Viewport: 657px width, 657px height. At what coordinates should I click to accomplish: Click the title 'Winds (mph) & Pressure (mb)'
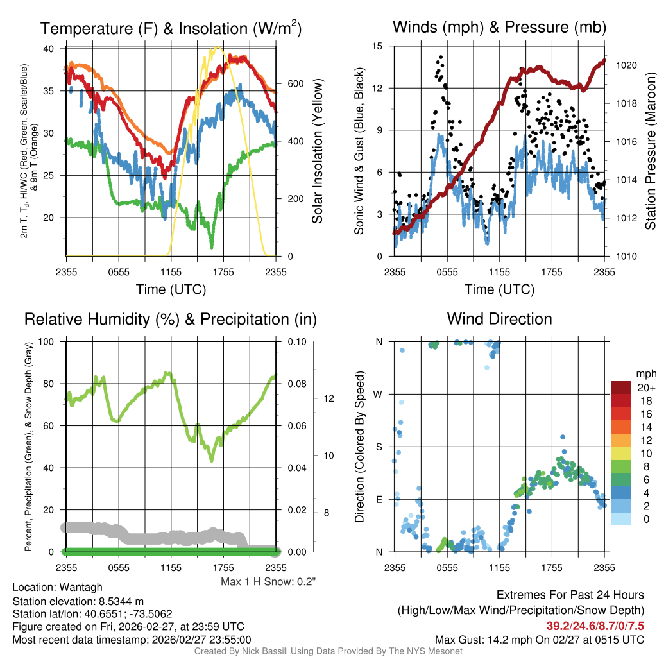coord(499,28)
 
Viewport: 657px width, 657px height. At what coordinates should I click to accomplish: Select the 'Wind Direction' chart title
coord(499,319)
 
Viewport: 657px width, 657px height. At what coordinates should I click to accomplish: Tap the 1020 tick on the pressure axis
coord(626,65)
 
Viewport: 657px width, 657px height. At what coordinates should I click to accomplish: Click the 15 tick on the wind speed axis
coord(378,46)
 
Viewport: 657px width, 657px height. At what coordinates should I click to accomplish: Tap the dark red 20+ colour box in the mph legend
coord(622,388)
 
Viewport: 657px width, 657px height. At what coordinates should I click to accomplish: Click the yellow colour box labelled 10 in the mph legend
coord(622,453)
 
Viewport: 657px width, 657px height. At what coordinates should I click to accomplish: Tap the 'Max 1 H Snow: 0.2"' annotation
coord(268,582)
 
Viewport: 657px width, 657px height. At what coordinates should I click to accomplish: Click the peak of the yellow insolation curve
coord(218,47)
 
